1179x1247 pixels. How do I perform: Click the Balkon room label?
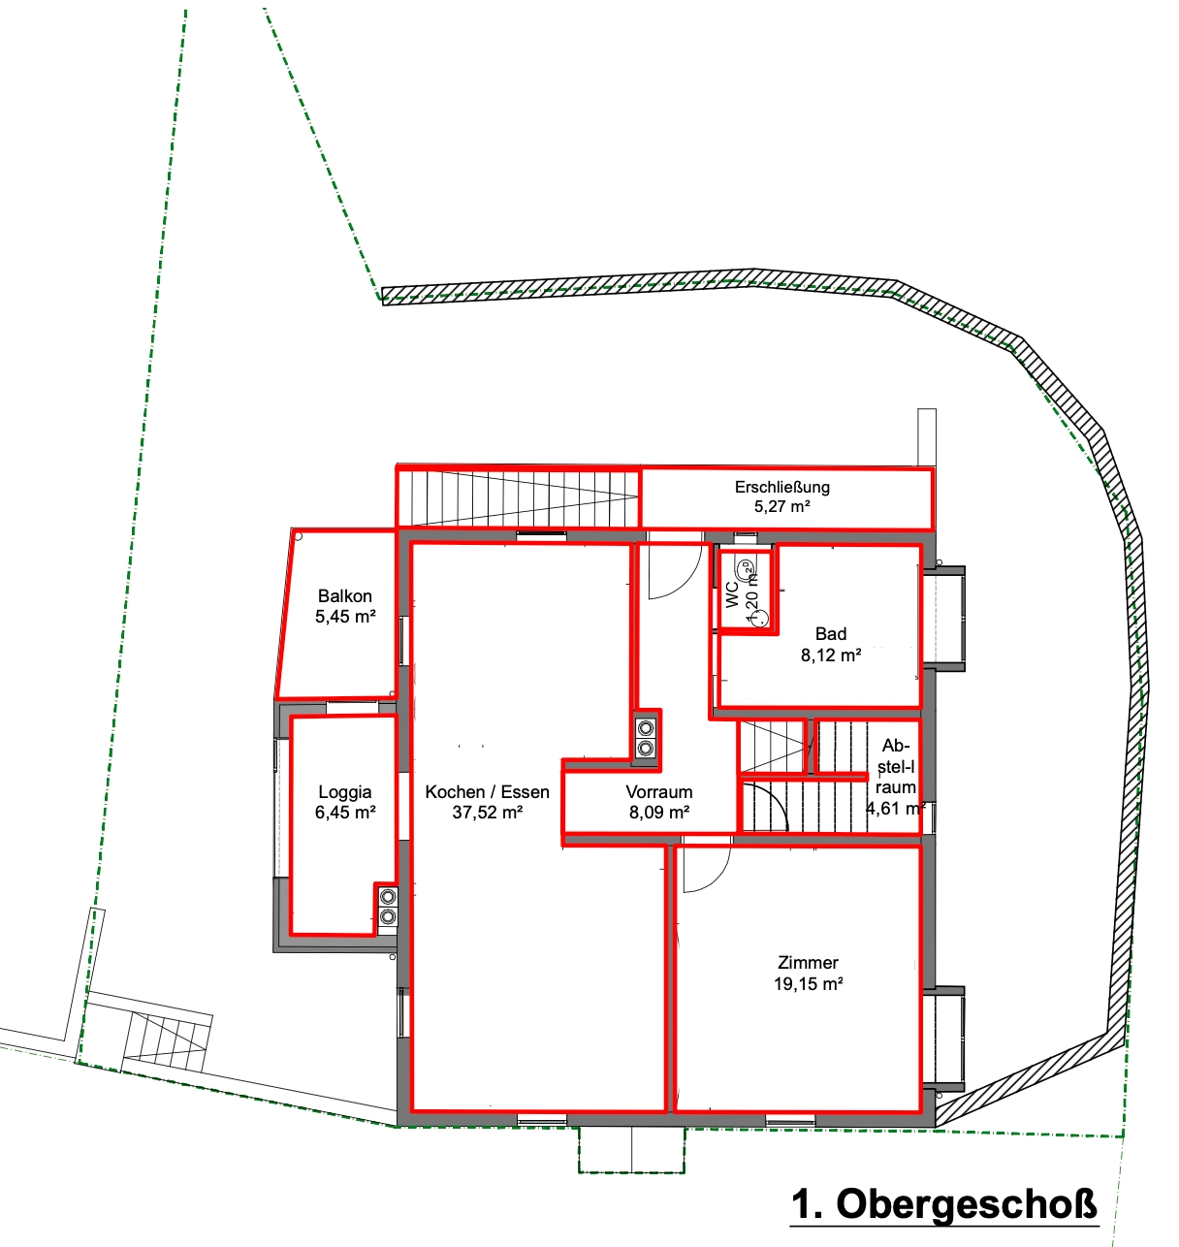(344, 596)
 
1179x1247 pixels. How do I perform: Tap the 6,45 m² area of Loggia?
(345, 813)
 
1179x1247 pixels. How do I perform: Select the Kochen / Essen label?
(487, 792)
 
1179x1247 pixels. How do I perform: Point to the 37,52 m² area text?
(487, 813)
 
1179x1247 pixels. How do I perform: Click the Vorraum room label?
(659, 792)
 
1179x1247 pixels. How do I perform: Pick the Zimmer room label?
(808, 963)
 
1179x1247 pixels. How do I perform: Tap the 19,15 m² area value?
(808, 984)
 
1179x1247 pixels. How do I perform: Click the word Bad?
(831, 634)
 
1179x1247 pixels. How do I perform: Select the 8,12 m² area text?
(831, 655)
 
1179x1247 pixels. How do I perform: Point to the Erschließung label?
(782, 487)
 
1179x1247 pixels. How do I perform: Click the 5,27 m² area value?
(782, 507)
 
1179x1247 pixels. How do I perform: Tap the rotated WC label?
(732, 594)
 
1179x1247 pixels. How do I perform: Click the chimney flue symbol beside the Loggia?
(388, 907)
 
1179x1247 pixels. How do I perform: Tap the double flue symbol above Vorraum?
(646, 738)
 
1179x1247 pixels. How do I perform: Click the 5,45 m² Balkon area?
(345, 617)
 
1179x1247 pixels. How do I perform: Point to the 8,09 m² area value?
(659, 813)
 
